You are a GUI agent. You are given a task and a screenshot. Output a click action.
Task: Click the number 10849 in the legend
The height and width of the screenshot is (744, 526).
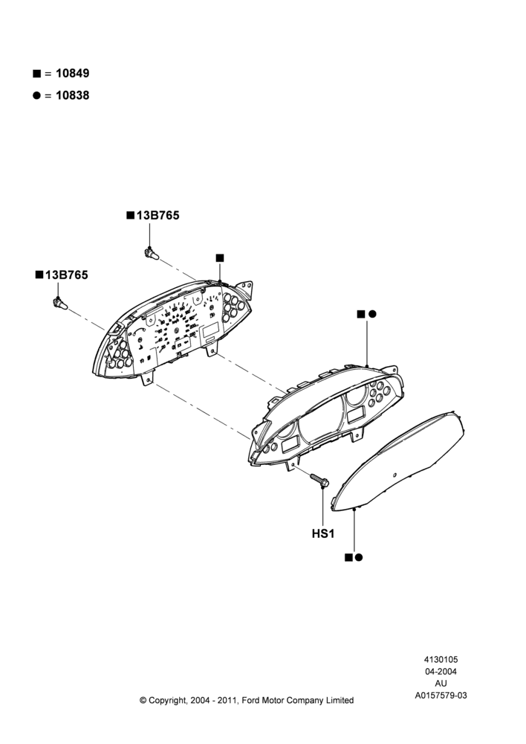[72, 74]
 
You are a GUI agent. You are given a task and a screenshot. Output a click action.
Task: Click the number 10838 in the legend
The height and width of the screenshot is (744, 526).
[72, 95]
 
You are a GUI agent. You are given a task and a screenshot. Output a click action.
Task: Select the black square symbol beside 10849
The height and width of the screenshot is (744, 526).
[36, 74]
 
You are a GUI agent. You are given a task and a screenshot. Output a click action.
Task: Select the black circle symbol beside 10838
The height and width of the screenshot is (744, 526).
[36, 95]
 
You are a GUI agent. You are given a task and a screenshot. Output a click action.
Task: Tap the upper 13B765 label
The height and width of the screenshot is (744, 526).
[158, 216]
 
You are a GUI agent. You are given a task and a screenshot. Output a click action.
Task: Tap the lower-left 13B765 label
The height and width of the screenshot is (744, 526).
[66, 275]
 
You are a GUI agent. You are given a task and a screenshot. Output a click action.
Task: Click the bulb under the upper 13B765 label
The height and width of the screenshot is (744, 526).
[151, 254]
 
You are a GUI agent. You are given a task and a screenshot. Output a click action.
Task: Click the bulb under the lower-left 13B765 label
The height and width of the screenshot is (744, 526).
[60, 304]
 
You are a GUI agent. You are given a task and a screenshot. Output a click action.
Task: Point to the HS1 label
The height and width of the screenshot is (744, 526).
[323, 533]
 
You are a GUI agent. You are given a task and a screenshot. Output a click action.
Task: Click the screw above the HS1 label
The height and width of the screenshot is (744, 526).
[319, 480]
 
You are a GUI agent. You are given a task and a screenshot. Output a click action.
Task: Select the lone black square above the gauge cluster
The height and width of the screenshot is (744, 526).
[220, 258]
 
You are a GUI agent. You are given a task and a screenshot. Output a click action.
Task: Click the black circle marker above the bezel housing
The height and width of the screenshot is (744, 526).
[372, 314]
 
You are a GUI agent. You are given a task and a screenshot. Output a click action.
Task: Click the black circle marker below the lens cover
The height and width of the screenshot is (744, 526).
[359, 557]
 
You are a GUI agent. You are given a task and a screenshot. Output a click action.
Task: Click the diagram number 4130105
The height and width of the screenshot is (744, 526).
[441, 659]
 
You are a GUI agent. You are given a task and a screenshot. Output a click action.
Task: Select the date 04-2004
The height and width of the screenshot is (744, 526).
[441, 671]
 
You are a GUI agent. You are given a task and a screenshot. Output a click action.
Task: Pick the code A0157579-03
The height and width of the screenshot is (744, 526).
[441, 696]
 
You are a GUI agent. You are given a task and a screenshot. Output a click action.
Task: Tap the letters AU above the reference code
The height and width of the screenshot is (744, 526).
[441, 684]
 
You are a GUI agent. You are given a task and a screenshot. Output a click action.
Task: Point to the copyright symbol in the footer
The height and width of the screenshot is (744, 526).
[143, 700]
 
